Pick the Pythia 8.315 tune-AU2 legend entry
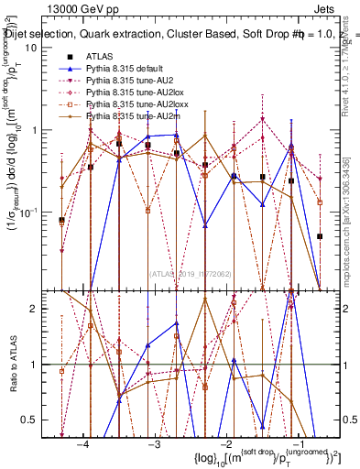(125, 82)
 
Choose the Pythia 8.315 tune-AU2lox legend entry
(129, 93)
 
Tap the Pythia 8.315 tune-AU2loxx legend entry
(131, 105)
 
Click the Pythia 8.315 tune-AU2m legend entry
(126, 117)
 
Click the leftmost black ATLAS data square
(61, 220)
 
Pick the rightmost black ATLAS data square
(320, 235)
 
